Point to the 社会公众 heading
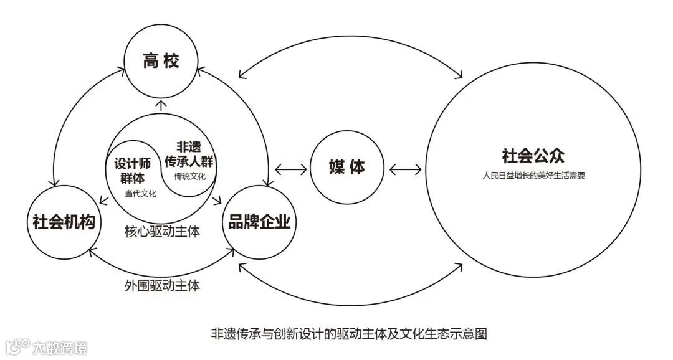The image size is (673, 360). (x=533, y=156)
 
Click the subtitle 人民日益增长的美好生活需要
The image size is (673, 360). (x=533, y=176)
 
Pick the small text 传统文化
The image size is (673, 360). (x=190, y=176)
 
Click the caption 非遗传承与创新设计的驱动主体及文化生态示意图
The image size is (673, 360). (x=349, y=333)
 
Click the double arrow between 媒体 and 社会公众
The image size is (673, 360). (x=405, y=168)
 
